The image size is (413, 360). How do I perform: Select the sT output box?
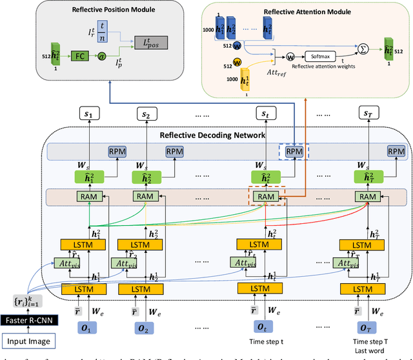point(367,114)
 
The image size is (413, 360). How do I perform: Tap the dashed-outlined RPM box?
point(294,150)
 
